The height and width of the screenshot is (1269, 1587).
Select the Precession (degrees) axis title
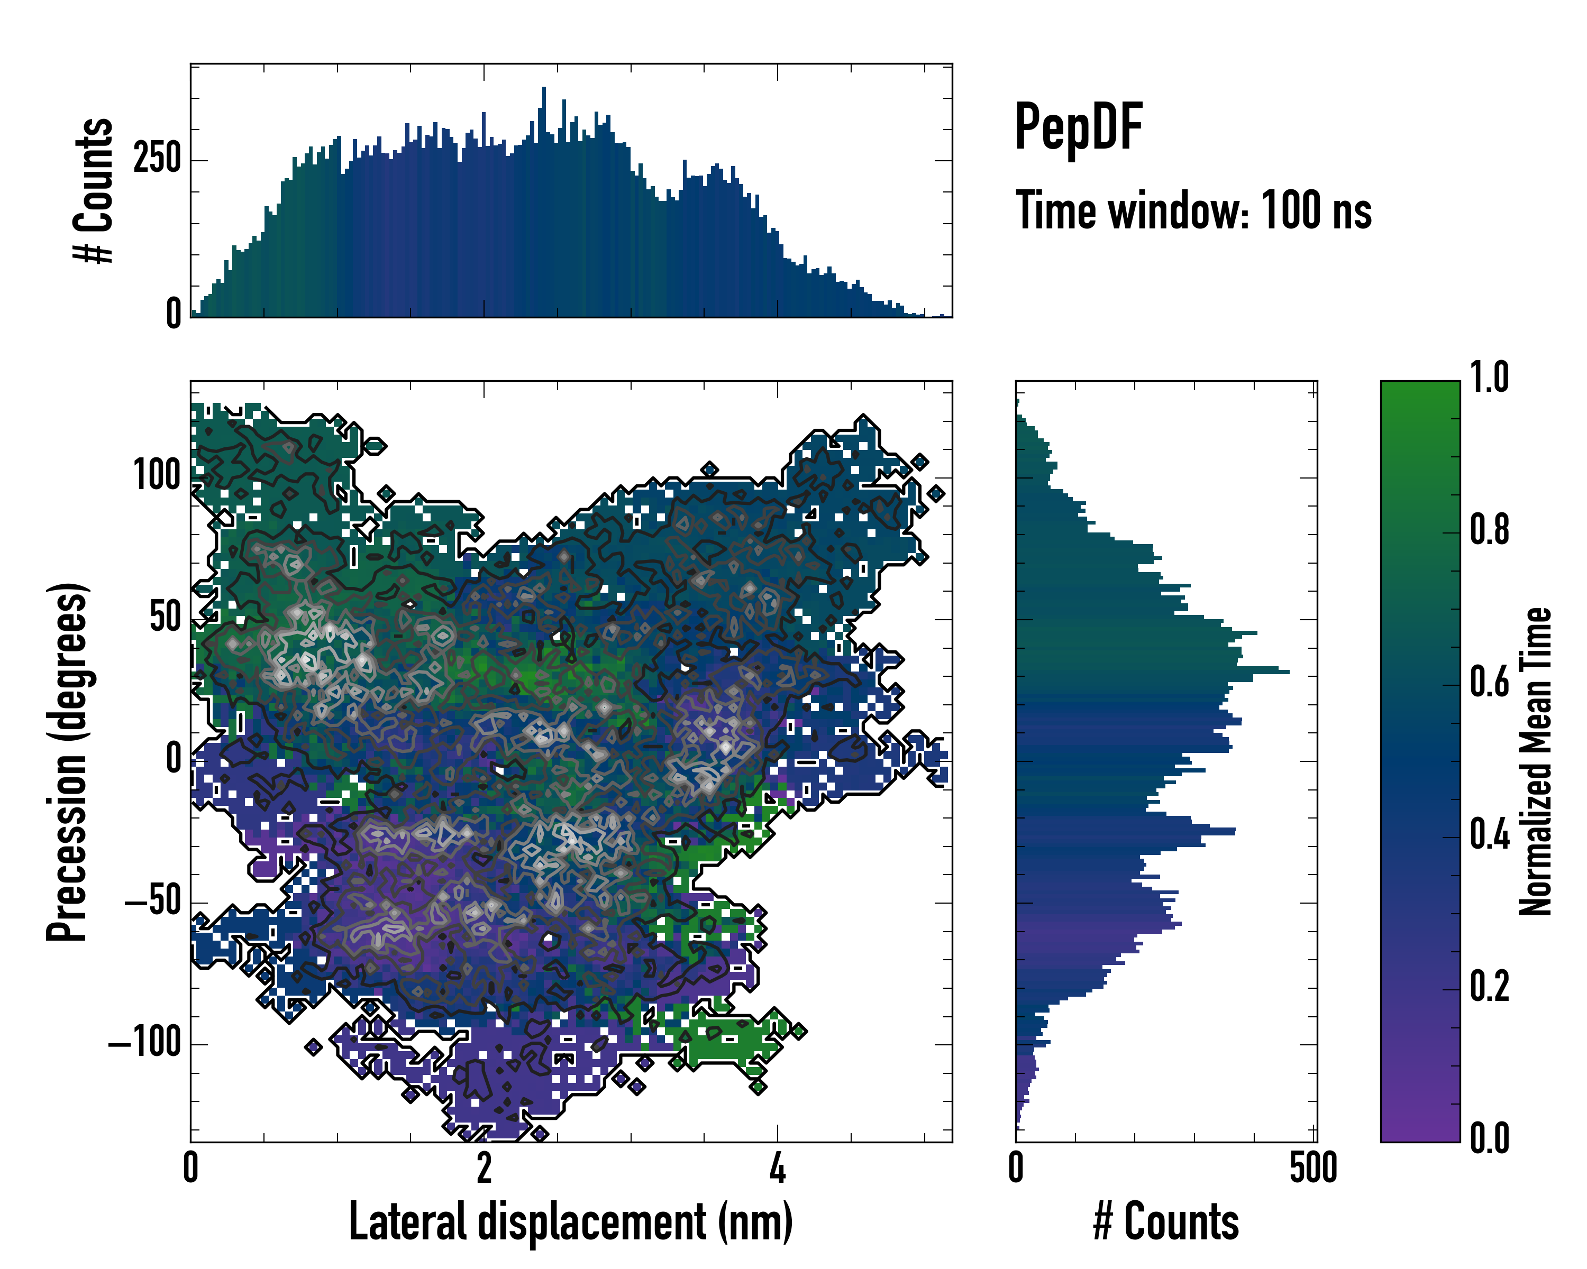click(x=68, y=762)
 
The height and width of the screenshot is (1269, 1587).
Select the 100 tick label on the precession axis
click(x=157, y=476)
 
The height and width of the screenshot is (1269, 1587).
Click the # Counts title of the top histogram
click(x=94, y=190)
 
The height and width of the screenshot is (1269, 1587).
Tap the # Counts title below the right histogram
click(x=1166, y=1222)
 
